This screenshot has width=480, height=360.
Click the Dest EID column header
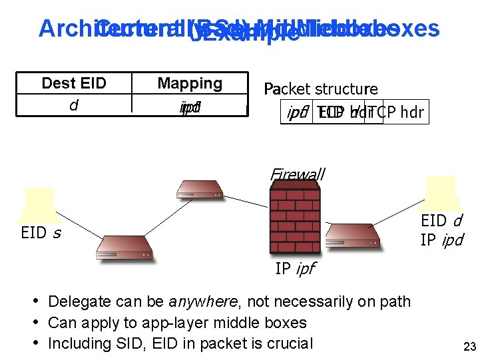[74, 84]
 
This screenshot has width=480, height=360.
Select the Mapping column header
[190, 84]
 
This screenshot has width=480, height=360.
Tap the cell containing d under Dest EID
[74, 104]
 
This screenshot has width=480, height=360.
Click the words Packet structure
[321, 89]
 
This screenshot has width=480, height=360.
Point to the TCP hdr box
[395, 112]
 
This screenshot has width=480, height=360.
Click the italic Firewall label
[297, 174]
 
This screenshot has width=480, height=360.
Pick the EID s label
[41, 233]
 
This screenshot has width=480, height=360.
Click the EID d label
[441, 221]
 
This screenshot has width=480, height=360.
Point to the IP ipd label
[441, 240]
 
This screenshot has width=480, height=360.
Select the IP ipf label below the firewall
[295, 269]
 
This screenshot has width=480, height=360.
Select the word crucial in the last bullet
[288, 343]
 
